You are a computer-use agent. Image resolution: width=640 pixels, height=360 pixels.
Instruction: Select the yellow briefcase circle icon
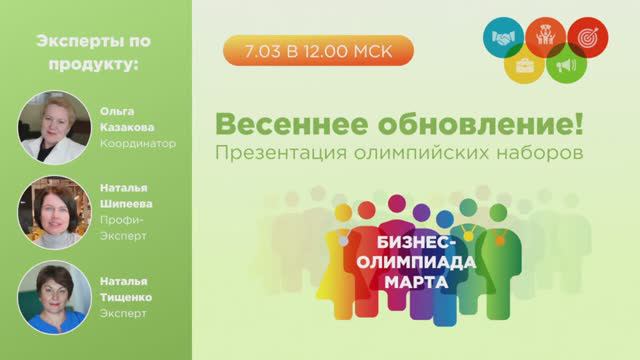(523, 68)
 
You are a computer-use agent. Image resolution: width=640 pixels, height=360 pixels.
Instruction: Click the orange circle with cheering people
(545, 33)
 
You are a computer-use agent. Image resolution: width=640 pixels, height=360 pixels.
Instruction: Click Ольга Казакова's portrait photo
(48, 127)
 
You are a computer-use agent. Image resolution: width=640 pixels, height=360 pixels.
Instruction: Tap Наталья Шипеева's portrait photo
(48, 212)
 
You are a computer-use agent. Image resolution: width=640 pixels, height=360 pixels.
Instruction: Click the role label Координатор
(138, 143)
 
